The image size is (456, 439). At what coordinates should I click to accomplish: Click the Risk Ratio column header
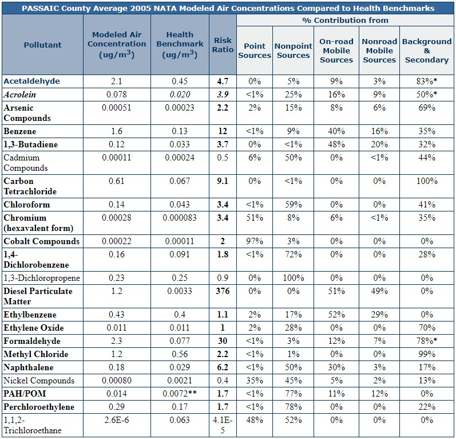[223, 45]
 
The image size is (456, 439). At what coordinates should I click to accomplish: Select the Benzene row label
[20, 131]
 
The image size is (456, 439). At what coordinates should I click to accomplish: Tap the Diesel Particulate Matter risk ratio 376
[223, 291]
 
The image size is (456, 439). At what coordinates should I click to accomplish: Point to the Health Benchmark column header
[180, 45]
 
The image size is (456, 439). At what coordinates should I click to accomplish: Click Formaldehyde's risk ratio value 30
[223, 341]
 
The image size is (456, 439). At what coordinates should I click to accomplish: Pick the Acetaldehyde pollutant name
[31, 81]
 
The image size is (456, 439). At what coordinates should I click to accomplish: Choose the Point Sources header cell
[255, 50]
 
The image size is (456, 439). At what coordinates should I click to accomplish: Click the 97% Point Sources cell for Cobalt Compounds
[255, 241]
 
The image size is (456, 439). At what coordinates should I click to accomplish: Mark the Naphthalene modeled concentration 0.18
[117, 367]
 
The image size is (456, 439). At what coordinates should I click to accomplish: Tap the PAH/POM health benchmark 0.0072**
[180, 394]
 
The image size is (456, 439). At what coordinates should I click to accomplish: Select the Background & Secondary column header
[427, 50]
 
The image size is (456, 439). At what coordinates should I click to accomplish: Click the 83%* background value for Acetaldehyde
[427, 81]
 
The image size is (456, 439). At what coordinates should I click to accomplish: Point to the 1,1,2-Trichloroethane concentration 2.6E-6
[117, 420]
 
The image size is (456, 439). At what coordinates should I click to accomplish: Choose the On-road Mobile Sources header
[336, 50]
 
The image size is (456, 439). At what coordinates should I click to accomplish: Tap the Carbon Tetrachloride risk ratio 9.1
[223, 181]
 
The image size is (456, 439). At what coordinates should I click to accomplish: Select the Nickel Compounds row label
[39, 381]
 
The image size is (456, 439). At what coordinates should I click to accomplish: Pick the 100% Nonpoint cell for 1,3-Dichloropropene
[294, 278]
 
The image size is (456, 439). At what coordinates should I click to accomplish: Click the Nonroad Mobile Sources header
[379, 50]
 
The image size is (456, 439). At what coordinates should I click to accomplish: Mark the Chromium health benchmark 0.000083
[180, 218]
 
